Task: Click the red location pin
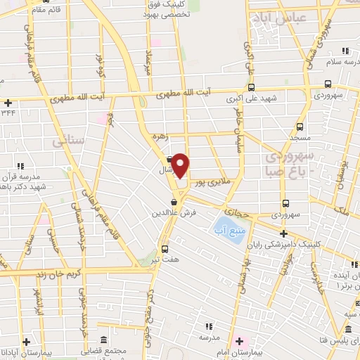pos(181,165)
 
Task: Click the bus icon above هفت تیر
pos(165,248)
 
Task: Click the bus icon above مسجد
pos(300,127)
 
